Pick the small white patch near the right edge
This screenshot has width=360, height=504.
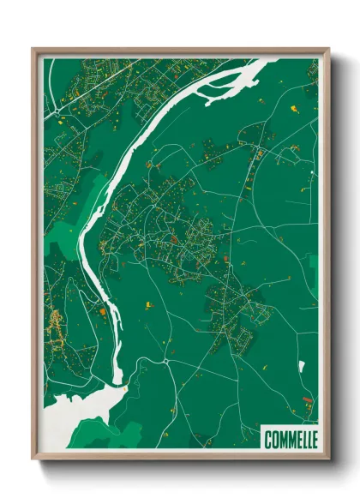point(302,367)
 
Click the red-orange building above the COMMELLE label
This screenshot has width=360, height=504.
point(306,399)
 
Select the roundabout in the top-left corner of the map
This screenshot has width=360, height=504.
point(57,111)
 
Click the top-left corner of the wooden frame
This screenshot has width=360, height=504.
point(33,50)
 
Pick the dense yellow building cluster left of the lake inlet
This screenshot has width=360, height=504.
point(56,326)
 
